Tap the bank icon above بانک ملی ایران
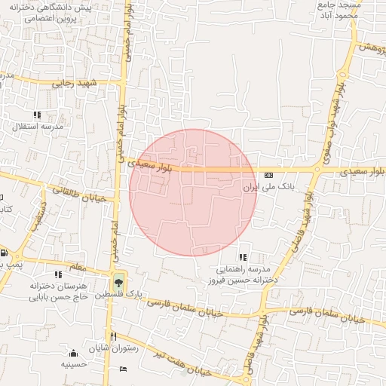pos(269,175)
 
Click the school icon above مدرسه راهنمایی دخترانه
pos(243,257)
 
